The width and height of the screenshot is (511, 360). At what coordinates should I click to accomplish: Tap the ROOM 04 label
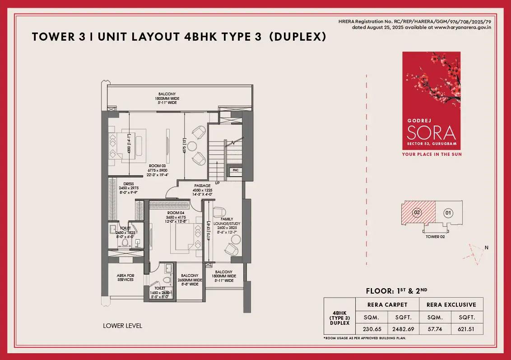click(173, 212)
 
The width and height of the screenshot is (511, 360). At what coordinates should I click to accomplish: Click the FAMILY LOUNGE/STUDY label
click(227, 221)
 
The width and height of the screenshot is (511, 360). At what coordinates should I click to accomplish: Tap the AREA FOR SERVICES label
click(125, 277)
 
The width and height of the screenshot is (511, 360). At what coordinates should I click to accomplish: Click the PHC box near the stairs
click(235, 170)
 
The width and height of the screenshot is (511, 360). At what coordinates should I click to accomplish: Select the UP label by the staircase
click(217, 183)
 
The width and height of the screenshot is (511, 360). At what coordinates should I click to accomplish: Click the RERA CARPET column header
click(388, 304)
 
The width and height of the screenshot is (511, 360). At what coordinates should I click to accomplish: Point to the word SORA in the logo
click(431, 133)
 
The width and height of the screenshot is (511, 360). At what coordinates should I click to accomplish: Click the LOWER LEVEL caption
click(122, 325)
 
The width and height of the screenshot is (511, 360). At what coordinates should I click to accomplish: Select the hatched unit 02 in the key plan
click(418, 212)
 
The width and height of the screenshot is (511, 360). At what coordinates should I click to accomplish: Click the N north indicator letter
click(487, 247)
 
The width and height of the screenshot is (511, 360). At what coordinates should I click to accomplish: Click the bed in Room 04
click(185, 237)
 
